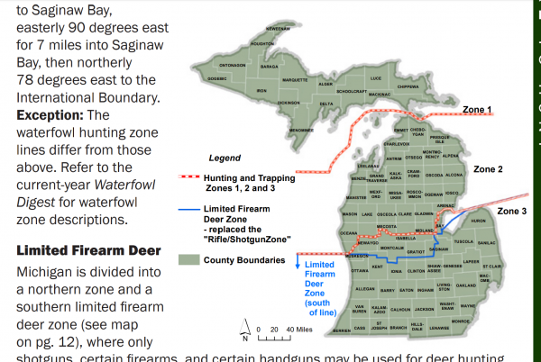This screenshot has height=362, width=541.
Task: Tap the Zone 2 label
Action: [488, 169]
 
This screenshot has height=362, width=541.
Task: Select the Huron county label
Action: [479, 221]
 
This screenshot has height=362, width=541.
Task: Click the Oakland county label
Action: [465, 285]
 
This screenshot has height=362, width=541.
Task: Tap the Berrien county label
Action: [341, 330]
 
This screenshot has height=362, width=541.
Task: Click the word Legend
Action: [225, 158]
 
